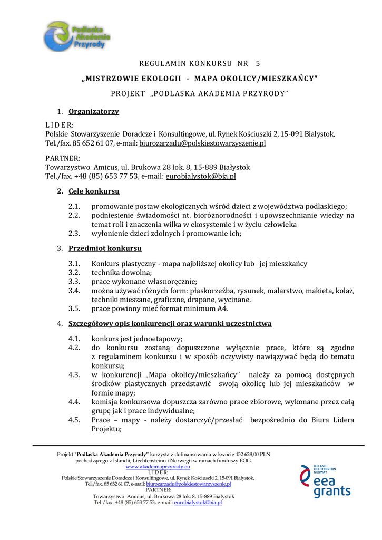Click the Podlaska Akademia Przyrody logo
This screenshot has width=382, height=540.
coord(77,36)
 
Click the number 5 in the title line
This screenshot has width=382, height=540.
coord(258,63)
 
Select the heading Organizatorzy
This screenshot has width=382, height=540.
coord(94,111)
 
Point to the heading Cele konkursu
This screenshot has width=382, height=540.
coord(94,191)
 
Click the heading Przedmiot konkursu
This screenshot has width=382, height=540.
coord(105,248)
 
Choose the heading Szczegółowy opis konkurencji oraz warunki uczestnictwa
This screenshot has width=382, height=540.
coord(170,323)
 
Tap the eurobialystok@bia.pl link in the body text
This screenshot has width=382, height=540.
coord(201,176)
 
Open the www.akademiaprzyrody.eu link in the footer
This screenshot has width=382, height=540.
coord(158,467)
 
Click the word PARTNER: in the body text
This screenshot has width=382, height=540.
coord(63,158)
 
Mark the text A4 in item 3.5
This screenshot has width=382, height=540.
coord(223,308)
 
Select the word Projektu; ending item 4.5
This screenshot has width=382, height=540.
coord(106,429)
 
